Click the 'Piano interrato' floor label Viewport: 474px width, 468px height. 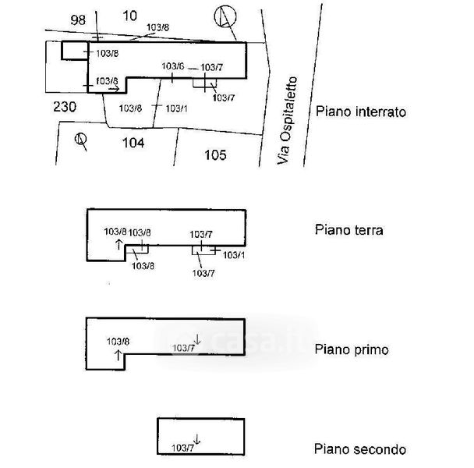point(361,112)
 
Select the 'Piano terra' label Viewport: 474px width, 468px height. point(348,230)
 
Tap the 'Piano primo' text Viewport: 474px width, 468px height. point(352,349)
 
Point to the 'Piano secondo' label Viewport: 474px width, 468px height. point(359,449)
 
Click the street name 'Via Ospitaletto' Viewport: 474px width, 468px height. point(287,120)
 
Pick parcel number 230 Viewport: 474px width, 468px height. point(65,107)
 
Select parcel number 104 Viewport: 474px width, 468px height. point(133,143)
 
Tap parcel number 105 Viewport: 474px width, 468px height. point(215,155)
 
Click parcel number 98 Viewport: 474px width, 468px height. point(78,20)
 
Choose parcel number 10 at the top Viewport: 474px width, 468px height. point(129,16)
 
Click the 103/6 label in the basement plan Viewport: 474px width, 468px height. point(172,66)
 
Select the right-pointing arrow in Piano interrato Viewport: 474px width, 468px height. point(114,89)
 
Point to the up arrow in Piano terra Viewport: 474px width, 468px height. point(118,244)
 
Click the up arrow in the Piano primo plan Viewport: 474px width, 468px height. point(118,355)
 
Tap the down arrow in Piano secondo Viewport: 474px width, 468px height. point(196,439)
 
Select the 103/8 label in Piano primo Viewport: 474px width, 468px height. point(118,342)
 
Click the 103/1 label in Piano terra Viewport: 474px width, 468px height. point(234,255)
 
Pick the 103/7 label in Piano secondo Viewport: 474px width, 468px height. point(182,448)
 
